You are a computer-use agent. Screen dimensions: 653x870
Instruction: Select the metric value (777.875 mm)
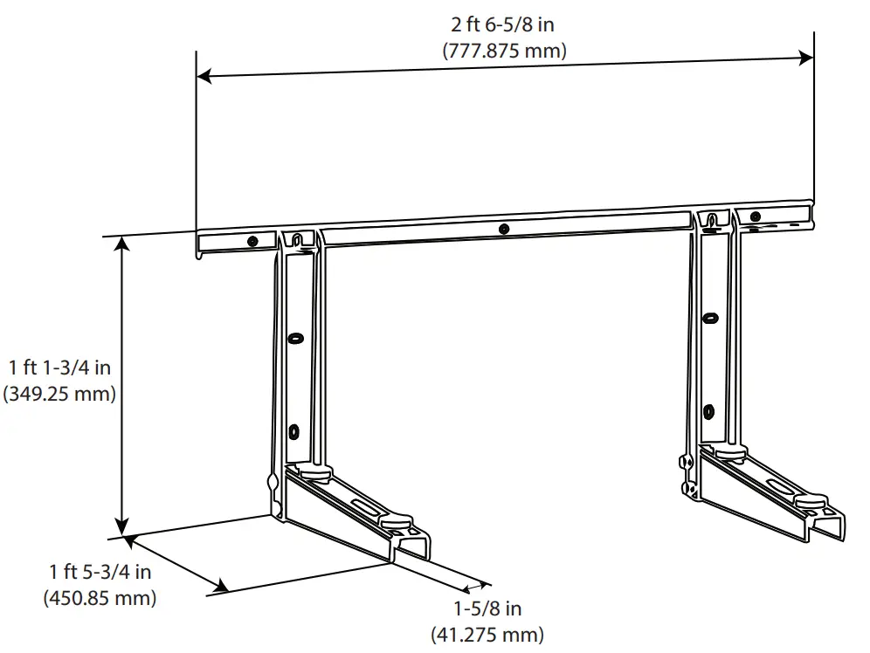click(x=504, y=51)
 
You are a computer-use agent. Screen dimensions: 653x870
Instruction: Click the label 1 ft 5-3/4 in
click(x=100, y=573)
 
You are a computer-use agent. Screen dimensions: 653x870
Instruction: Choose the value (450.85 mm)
click(x=100, y=598)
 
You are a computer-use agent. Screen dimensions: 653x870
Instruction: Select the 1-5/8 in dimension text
click(x=487, y=608)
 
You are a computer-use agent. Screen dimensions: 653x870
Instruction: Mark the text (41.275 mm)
click(x=487, y=634)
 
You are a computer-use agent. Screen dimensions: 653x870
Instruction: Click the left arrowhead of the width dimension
click(x=204, y=76)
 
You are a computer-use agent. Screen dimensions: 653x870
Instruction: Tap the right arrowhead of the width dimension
click(x=807, y=58)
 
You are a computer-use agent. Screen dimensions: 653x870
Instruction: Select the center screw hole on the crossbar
click(x=503, y=230)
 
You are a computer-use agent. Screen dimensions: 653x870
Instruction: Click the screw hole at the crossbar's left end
click(x=252, y=242)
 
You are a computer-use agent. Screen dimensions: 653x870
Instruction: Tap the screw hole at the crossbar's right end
click(x=756, y=217)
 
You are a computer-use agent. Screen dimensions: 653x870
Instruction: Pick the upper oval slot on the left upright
click(x=295, y=337)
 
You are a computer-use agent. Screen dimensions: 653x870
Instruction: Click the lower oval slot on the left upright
click(x=293, y=430)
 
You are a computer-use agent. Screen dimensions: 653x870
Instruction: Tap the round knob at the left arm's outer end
click(x=397, y=522)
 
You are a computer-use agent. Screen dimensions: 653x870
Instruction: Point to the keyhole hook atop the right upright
click(x=715, y=218)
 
